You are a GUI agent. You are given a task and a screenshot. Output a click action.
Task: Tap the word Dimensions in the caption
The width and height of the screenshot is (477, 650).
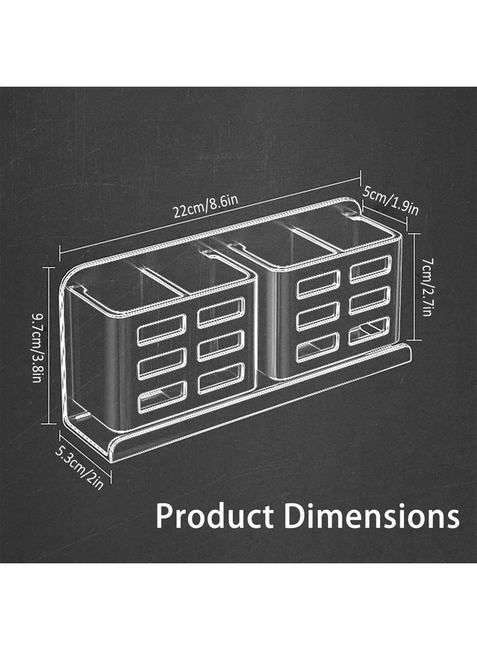point(371,517)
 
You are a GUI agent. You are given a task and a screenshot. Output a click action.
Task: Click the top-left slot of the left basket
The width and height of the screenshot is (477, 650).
point(162,329)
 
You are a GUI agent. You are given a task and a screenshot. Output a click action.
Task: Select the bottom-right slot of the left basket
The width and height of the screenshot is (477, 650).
point(221,378)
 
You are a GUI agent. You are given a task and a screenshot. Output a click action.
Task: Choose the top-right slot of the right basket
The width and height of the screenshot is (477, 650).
point(370,269)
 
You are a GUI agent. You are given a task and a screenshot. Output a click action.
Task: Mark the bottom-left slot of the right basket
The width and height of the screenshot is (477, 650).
point(318,347)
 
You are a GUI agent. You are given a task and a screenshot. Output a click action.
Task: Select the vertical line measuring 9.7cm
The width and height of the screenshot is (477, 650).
point(49,345)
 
